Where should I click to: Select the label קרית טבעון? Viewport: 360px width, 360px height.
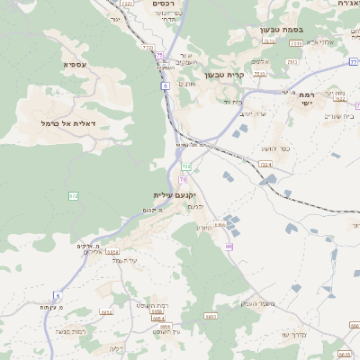tap(225, 75)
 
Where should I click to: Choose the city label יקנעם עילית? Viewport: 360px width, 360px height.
tap(174, 194)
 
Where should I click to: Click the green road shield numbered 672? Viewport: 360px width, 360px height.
tap(74, 195)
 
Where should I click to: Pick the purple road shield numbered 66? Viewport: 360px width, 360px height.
tap(229, 246)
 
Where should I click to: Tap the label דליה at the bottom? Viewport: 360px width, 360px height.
tap(116, 348)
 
